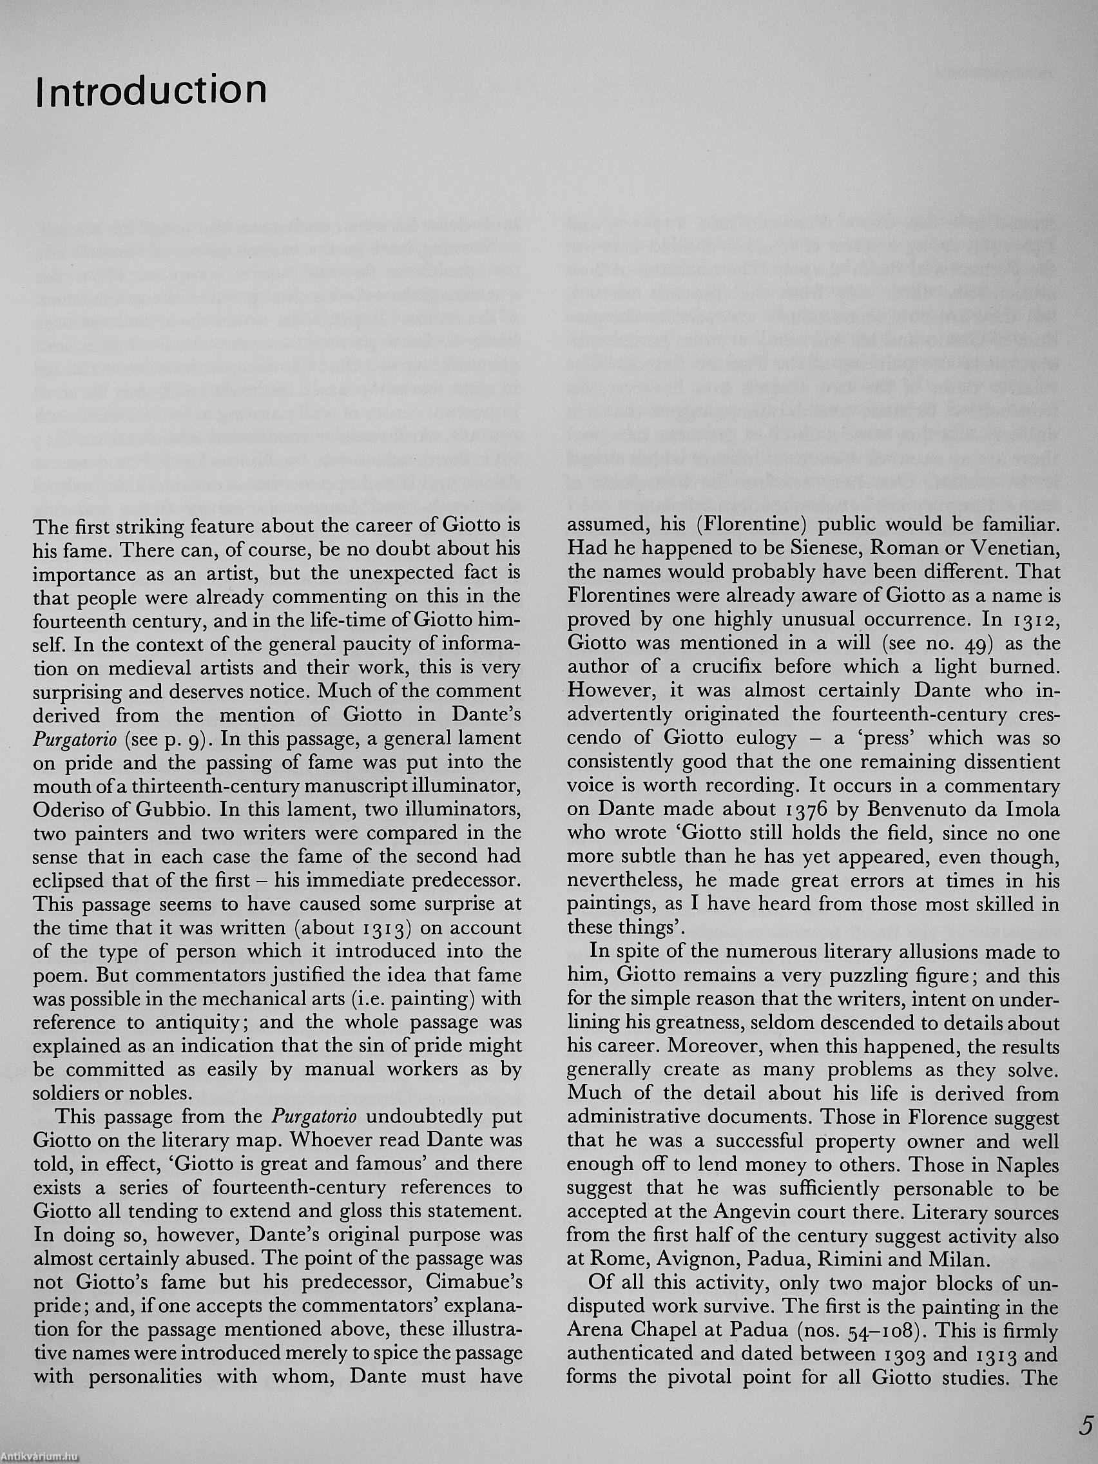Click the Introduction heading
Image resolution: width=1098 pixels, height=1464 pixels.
pyautogui.click(x=151, y=90)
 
